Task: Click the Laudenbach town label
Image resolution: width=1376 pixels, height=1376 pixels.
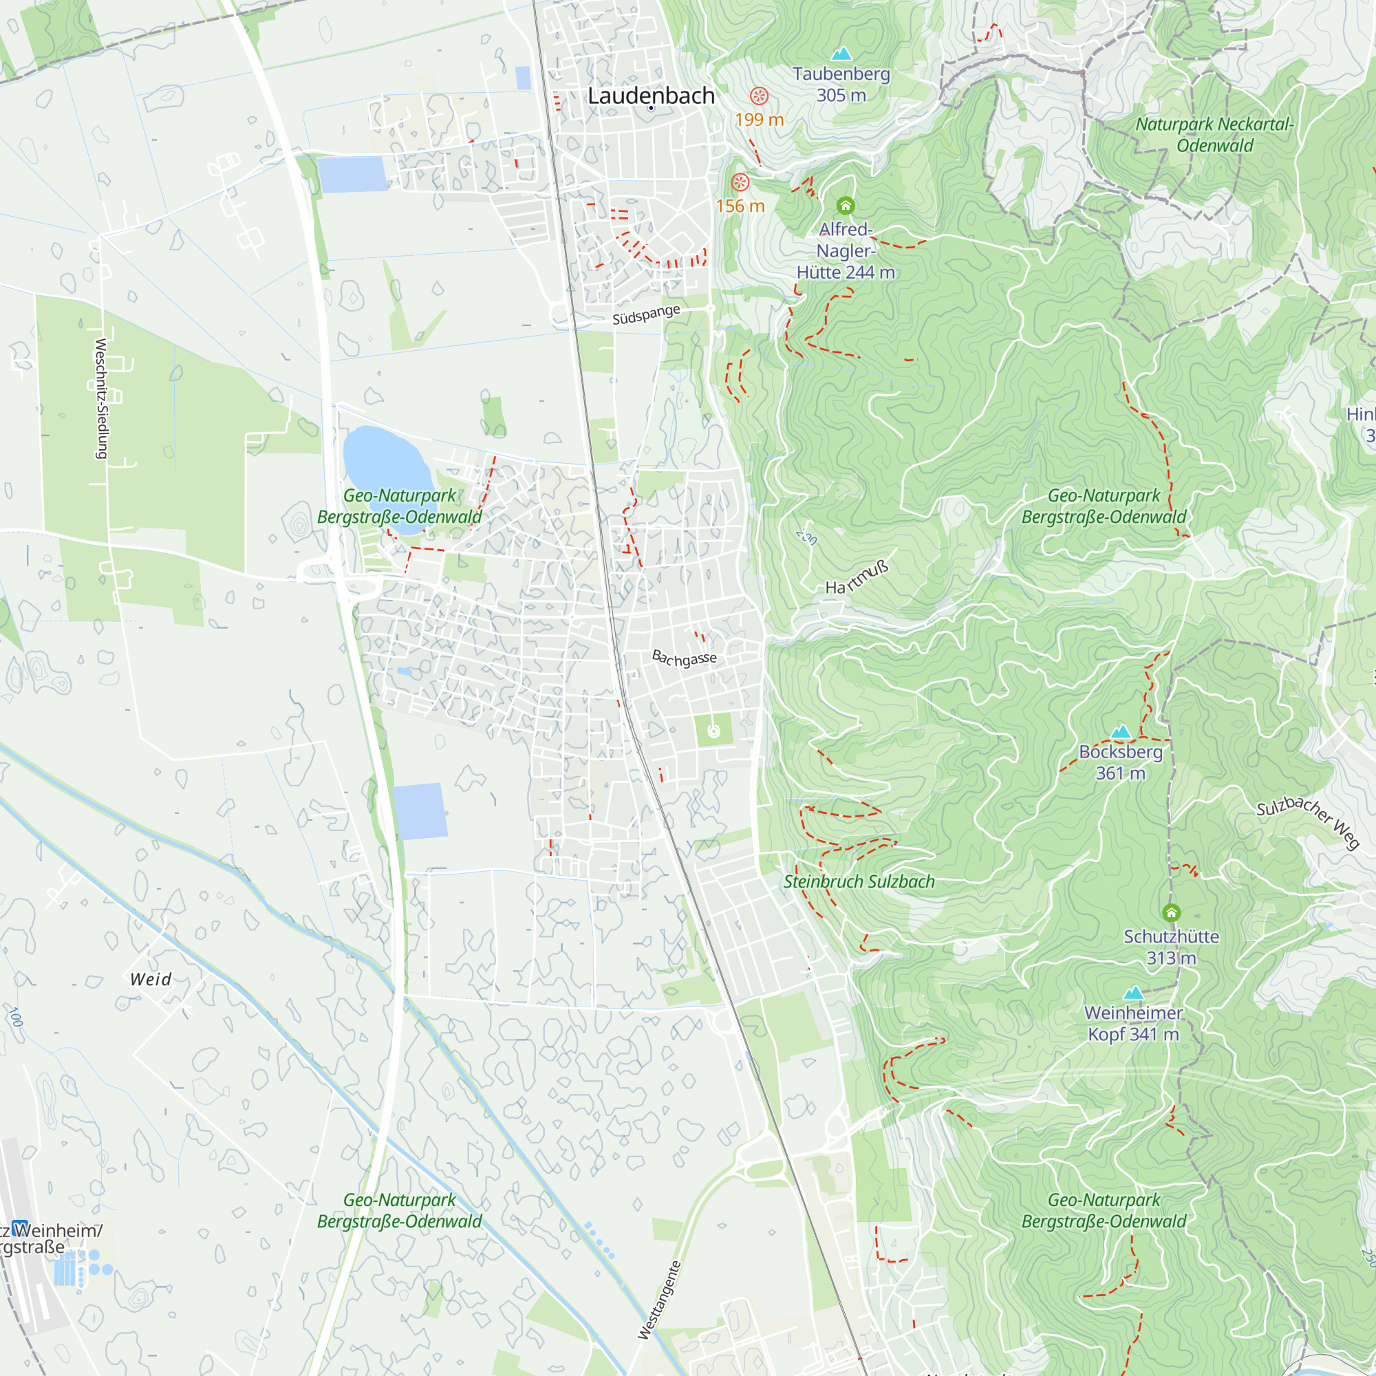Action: point(650,96)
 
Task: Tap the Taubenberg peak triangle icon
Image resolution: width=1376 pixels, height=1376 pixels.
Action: point(841,54)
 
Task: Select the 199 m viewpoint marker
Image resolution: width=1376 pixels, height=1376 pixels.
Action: point(760,96)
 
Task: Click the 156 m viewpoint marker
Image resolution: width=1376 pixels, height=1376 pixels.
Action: point(740,182)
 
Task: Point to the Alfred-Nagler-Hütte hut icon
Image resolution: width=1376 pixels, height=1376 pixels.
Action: point(846,206)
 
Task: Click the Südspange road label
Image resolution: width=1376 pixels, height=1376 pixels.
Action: point(646,315)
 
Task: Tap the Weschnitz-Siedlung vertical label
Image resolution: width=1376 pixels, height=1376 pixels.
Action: point(101,398)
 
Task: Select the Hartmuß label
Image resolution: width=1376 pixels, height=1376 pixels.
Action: point(857,577)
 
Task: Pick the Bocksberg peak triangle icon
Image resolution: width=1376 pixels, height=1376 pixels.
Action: point(1120,731)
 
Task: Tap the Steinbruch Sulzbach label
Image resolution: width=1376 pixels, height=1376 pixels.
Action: point(859,882)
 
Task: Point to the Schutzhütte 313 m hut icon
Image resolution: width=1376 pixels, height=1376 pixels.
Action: point(1171,912)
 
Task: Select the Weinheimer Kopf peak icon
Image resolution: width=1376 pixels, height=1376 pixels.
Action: point(1132,993)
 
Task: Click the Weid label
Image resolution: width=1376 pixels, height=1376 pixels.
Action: point(151,979)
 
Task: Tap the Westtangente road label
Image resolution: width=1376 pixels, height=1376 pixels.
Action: point(659,1300)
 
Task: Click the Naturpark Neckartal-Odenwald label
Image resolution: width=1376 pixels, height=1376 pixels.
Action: point(1214,135)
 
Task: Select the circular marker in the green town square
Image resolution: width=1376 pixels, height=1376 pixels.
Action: point(713,731)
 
